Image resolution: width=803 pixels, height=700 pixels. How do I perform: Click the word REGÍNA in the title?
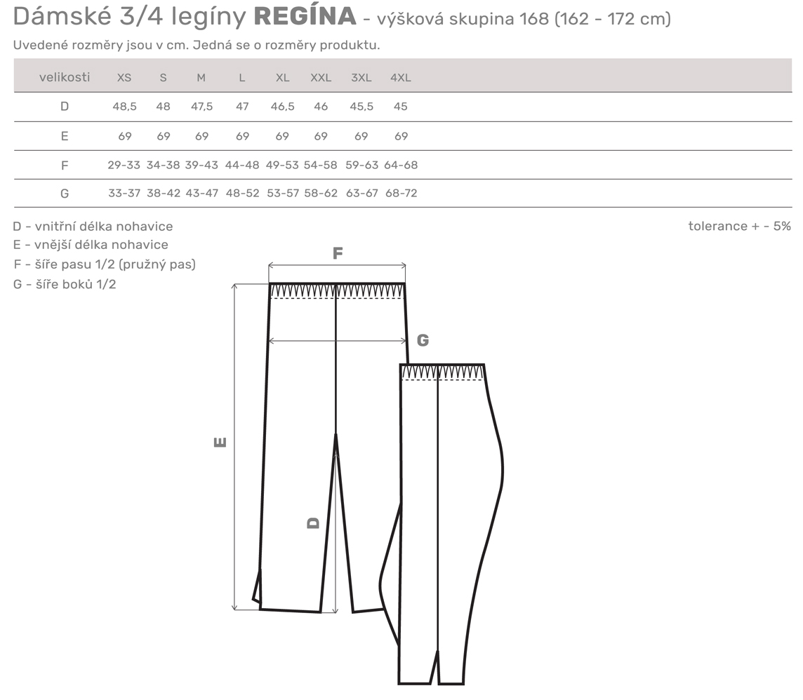305,16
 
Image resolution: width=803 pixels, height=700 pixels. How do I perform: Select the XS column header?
124,78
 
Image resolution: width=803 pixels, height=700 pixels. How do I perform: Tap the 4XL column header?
401,78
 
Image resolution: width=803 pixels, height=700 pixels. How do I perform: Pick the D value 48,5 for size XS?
124,107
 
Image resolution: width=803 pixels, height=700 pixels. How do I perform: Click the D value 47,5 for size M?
201,107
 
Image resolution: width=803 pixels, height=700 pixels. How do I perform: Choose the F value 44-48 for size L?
242,166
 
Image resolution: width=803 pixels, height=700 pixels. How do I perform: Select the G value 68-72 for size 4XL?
401,194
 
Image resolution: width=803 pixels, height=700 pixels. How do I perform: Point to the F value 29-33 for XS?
124,166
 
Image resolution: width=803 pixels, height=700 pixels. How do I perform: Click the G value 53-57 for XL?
283,194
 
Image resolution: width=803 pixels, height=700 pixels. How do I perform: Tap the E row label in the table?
65,136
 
